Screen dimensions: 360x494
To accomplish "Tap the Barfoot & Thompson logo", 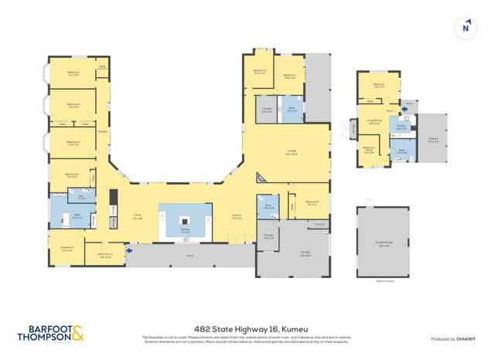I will pyautogui.click(x=50, y=334).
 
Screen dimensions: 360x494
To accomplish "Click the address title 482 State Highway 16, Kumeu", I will pyautogui.click(x=247, y=328).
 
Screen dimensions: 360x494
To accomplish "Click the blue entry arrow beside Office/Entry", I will pyautogui.click(x=130, y=250).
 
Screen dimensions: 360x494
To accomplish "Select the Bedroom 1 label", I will pyautogui.click(x=74, y=74).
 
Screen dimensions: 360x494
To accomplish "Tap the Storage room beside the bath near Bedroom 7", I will pyautogui.click(x=266, y=110).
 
